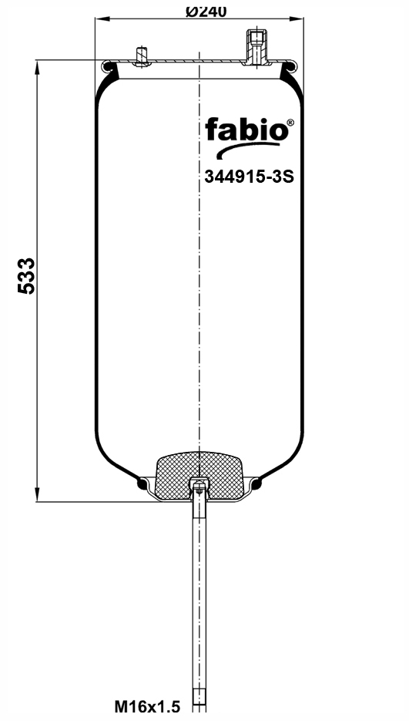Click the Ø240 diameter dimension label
206,11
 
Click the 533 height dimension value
26,276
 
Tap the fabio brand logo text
246,130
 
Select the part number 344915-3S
249,177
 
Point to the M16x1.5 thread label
147,707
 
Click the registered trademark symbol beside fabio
290,123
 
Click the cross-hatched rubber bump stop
199,476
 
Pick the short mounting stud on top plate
142,56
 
